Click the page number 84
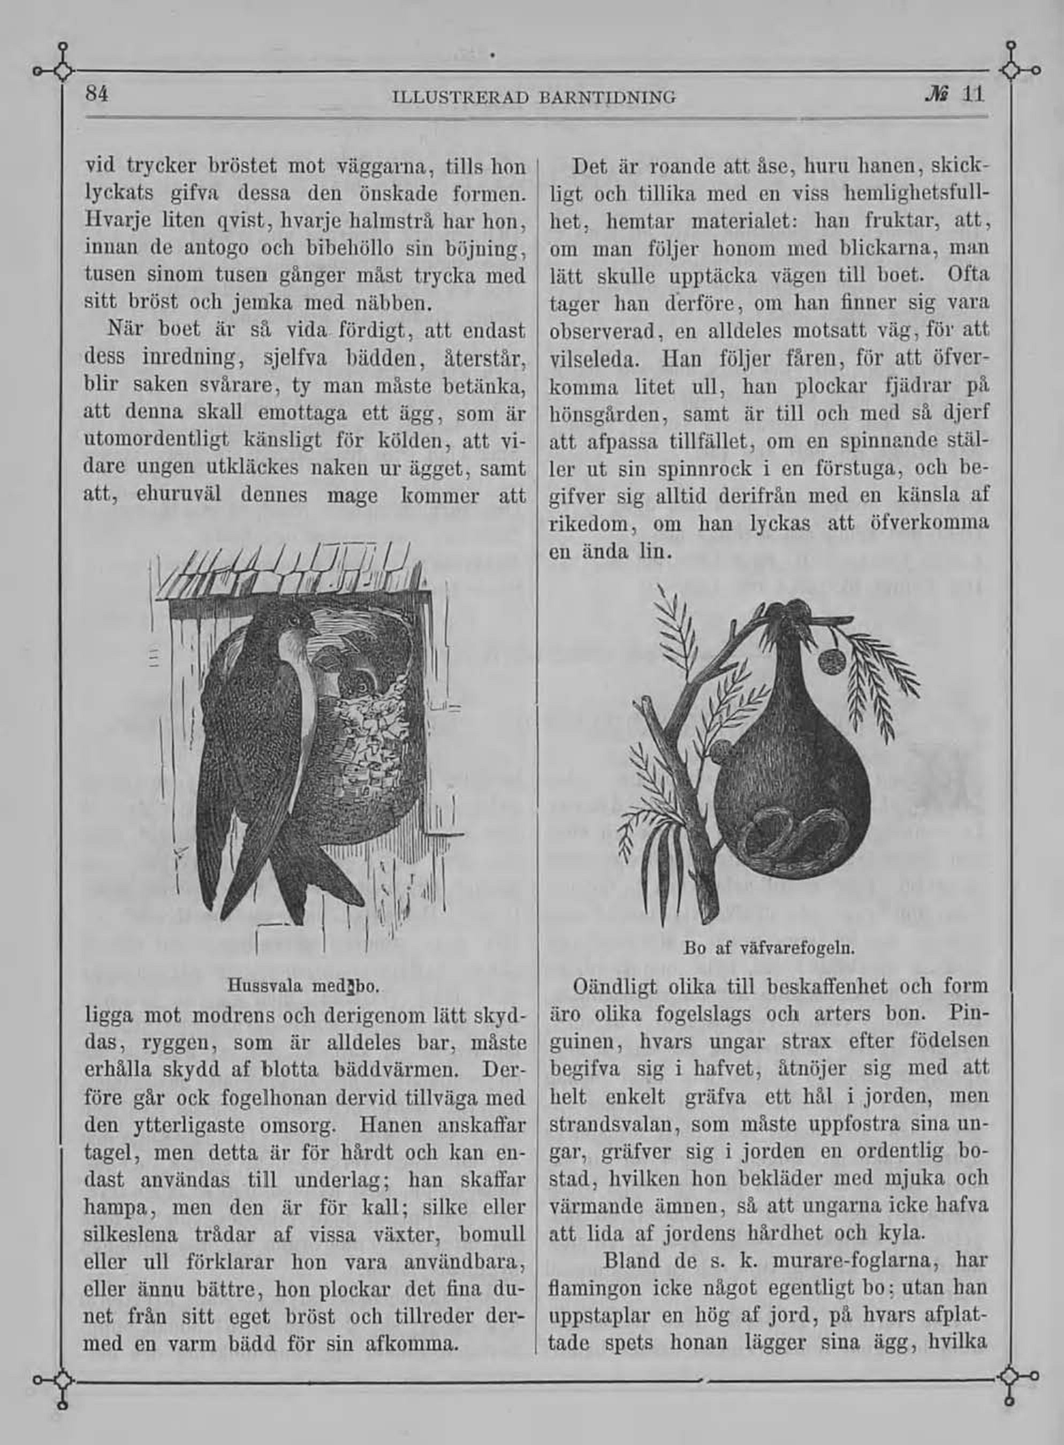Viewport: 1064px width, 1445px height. [97, 95]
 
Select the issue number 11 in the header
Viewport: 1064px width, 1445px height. [972, 95]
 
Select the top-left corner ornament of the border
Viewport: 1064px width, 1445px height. [62, 70]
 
